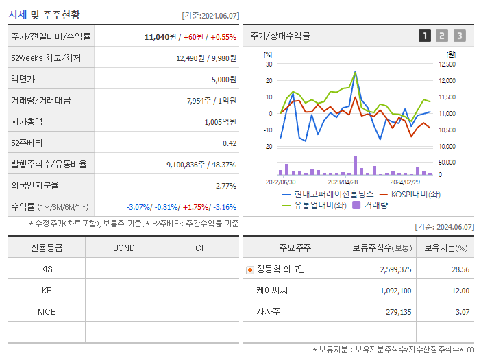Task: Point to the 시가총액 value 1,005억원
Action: [220, 122]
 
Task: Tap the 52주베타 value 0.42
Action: [230, 143]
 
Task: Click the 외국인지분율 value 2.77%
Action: [225, 186]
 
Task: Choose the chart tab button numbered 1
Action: [425, 36]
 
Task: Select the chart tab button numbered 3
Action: [459, 36]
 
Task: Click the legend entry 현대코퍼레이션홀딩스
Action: [333, 195]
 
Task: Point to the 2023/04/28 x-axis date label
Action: [343, 182]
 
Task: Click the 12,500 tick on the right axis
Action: [446, 64]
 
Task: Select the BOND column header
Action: [123, 248]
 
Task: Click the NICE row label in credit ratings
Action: [47, 311]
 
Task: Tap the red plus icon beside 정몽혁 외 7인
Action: [249, 269]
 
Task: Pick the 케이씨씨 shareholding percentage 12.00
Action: [461, 291]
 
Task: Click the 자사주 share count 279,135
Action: [396, 312]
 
